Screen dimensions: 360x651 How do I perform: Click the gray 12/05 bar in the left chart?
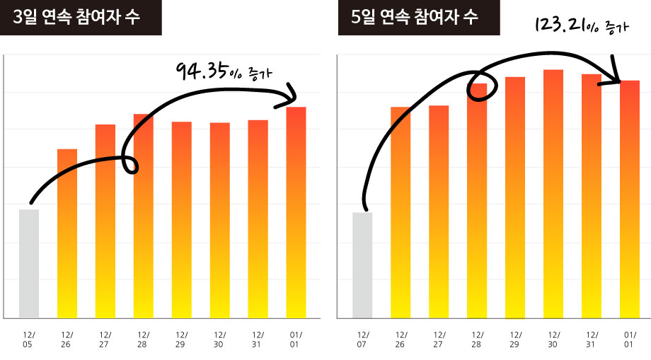tap(29, 263)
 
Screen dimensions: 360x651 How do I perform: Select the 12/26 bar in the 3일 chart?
tap(67, 233)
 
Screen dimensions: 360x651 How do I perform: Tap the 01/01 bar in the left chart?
tap(296, 212)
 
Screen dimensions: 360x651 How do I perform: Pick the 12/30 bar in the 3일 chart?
tap(220, 220)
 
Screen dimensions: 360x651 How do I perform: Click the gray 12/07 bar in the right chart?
tap(362, 265)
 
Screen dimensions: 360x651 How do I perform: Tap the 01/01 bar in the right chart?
tap(630, 199)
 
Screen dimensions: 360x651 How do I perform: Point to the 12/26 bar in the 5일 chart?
tap(401, 212)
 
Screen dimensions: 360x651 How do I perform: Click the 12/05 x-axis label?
tap(29, 339)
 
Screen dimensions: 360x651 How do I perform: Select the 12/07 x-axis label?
tap(362, 339)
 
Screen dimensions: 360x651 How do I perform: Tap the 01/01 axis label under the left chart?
tap(296, 339)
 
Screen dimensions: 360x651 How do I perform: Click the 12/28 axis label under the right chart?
tap(477, 339)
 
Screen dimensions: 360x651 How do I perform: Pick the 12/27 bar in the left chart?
tap(105, 221)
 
